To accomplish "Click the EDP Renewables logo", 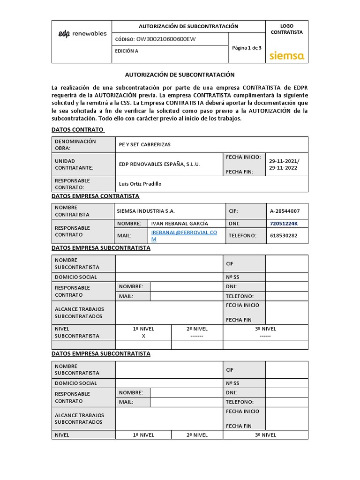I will tap(82, 34).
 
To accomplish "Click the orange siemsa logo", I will tap(287, 56).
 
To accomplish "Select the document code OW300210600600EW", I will tap(166, 39).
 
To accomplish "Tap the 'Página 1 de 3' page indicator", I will tap(247, 48).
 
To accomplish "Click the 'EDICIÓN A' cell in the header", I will tap(127, 52).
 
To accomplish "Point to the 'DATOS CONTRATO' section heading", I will tap(78, 129).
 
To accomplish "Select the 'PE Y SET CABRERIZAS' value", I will tap(144, 145).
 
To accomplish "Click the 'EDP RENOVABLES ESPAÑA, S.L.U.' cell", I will tap(159, 165).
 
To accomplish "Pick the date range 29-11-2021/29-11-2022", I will tap(284, 165).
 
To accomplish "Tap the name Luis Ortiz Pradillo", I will tap(140, 184).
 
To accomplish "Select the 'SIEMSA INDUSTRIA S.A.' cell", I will tap(146, 211).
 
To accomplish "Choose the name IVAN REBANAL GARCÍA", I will tap(180, 224).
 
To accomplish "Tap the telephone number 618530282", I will tap(283, 236).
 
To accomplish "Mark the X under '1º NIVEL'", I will tap(143, 336).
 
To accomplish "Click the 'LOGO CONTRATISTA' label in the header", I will tap(286, 29).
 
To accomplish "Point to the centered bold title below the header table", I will tap(180, 75).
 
